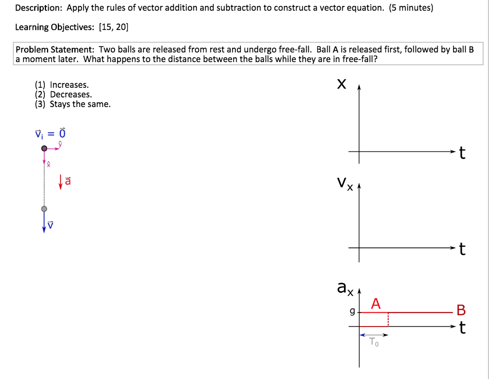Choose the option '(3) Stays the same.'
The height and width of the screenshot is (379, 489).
click(x=73, y=104)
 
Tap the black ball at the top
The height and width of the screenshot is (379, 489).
click(x=44, y=148)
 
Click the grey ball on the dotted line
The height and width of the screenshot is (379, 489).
click(x=44, y=208)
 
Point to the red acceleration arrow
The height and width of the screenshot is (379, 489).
click(x=61, y=181)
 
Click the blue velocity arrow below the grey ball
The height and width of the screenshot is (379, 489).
click(x=44, y=223)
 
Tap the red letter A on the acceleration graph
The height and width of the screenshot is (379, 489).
click(x=376, y=304)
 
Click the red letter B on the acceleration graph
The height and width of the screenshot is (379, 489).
click(x=461, y=310)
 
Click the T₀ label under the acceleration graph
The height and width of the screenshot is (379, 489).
click(x=375, y=343)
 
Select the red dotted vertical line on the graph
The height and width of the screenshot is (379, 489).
click(x=387, y=320)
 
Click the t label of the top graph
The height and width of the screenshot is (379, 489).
click(x=462, y=154)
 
